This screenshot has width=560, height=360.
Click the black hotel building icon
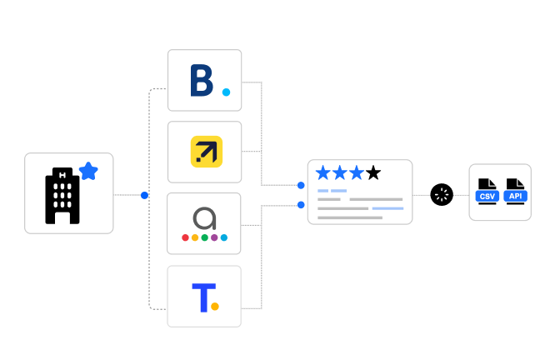pyautogui.click(x=62, y=196)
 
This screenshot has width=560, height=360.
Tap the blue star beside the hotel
pyautogui.click(x=88, y=172)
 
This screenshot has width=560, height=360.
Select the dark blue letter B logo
pyautogui.click(x=202, y=80)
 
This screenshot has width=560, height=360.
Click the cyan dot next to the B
pyautogui.click(x=226, y=92)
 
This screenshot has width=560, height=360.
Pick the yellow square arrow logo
pyautogui.click(x=207, y=152)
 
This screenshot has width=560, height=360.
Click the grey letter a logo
pyautogui.click(x=205, y=218)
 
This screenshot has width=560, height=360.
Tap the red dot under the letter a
pyautogui.click(x=185, y=237)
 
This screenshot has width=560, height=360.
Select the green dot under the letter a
pyautogui.click(x=205, y=237)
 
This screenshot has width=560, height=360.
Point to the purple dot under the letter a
pyautogui.click(x=214, y=237)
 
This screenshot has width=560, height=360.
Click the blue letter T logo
pyautogui.click(x=204, y=297)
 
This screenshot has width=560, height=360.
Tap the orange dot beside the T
pyautogui.click(x=215, y=307)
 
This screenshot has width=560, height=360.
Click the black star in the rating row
pyautogui.click(x=373, y=172)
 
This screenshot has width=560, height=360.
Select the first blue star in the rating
pyautogui.click(x=323, y=172)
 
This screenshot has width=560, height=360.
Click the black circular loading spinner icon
pyautogui.click(x=442, y=195)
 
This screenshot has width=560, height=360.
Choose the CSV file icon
pyautogui.click(x=487, y=192)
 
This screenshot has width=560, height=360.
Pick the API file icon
pyautogui.click(x=515, y=192)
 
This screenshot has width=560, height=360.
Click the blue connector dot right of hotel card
pyautogui.click(x=144, y=195)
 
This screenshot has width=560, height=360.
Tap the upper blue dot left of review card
pyautogui.click(x=301, y=185)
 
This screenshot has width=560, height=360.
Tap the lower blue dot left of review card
pyautogui.click(x=301, y=205)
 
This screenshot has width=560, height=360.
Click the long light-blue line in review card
pyautogui.click(x=387, y=208)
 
